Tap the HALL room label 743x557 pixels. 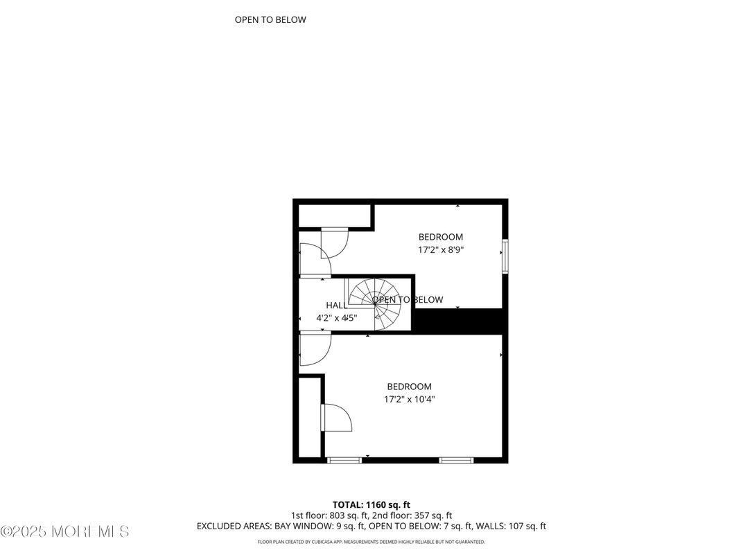(x=336, y=306)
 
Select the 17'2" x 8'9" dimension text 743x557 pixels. (x=440, y=249)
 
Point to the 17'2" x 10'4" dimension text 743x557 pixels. (x=409, y=399)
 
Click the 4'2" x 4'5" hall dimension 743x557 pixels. (x=336, y=319)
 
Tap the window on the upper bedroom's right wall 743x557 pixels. (x=505, y=256)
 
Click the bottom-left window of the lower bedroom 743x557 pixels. (x=344, y=460)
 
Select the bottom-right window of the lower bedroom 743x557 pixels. (x=457, y=460)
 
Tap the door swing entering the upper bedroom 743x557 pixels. (x=333, y=245)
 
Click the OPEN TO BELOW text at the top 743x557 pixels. (x=270, y=20)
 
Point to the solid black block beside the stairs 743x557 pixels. (x=458, y=321)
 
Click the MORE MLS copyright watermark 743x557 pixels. (x=64, y=532)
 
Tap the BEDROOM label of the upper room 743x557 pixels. (x=440, y=237)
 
